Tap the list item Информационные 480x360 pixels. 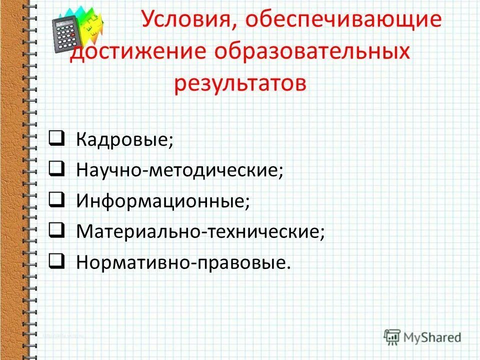(163, 201)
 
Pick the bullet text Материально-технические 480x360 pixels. (200, 232)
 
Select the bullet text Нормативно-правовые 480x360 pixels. (183, 263)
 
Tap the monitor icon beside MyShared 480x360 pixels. (391, 336)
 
